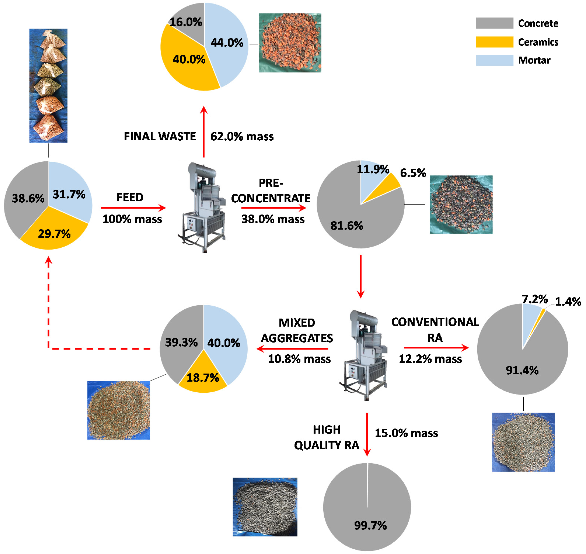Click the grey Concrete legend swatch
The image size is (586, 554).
click(494, 23)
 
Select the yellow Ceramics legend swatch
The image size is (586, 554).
click(494, 42)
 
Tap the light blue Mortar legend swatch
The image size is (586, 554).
click(494, 60)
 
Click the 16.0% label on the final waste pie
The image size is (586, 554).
click(186, 22)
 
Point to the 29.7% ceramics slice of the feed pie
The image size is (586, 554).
click(54, 234)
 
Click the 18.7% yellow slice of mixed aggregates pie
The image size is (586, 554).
click(203, 378)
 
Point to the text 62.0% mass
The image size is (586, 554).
click(242, 137)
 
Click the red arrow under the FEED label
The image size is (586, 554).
click(133, 208)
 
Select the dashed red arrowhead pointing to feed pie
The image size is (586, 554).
click(48, 261)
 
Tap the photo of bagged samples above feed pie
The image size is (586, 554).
click(48, 86)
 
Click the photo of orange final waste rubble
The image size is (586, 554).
click(290, 43)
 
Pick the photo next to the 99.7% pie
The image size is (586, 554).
click(265, 507)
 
